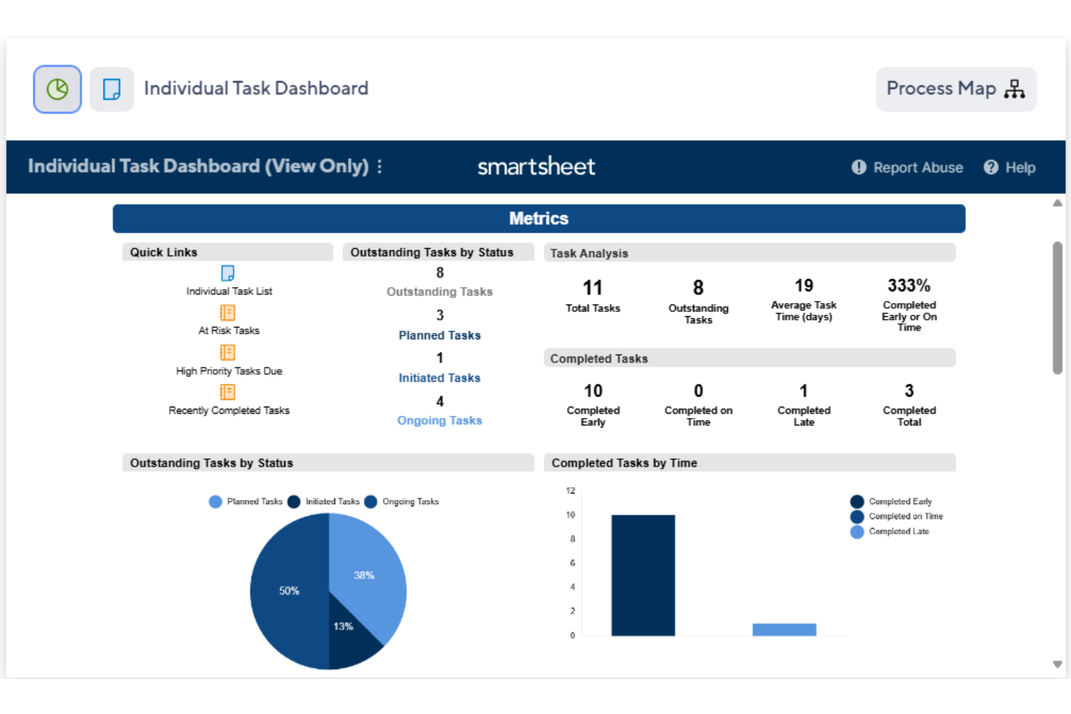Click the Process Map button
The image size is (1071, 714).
[x=955, y=89]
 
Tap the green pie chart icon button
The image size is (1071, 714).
[x=57, y=89]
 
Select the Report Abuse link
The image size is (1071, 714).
[x=907, y=167]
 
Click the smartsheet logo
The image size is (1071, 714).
[x=535, y=166]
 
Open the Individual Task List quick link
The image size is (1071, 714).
[x=229, y=291]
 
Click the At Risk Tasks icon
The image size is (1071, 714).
[x=227, y=313]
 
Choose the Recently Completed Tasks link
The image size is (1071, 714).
[x=229, y=410]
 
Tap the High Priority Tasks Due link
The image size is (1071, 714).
[x=229, y=370]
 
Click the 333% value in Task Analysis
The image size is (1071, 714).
[x=909, y=286]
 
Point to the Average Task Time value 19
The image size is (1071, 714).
[x=803, y=286]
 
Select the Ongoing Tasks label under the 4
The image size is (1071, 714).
[x=439, y=420]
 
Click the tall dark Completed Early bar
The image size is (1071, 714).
[x=643, y=575]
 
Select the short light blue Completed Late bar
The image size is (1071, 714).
[x=784, y=629]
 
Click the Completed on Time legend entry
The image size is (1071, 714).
[x=905, y=517]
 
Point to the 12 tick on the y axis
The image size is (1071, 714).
[x=571, y=490]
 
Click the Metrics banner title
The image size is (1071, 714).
[x=538, y=218]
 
